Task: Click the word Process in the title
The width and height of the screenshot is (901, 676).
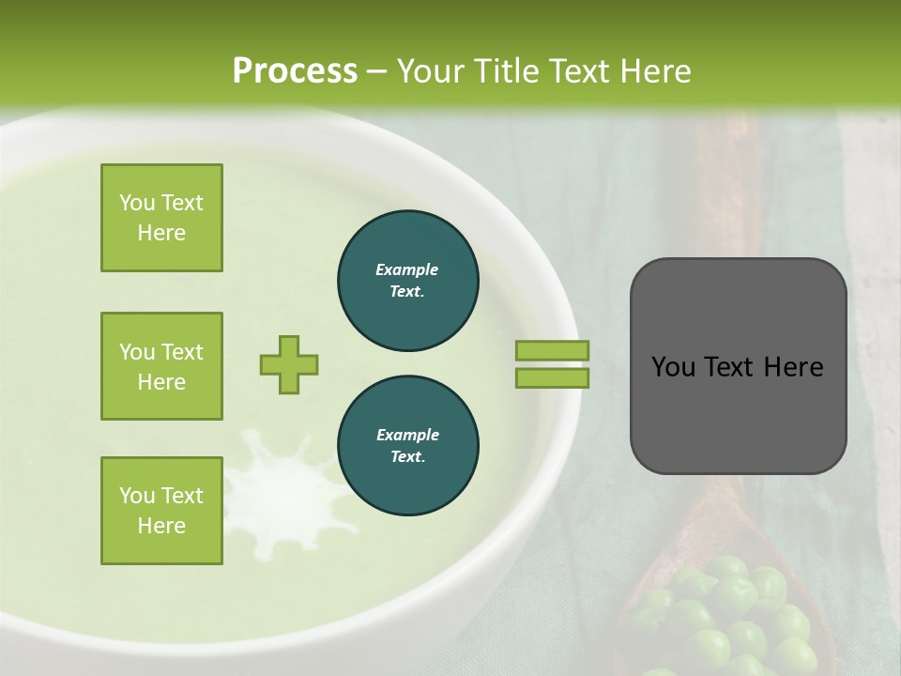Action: click(295, 71)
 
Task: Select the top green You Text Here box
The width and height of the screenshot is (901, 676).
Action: click(161, 218)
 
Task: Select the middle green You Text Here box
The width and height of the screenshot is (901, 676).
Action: click(161, 366)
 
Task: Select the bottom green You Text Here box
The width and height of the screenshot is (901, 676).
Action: click(161, 511)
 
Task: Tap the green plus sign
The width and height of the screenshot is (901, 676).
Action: click(289, 364)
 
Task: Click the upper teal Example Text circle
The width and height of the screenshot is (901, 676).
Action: click(408, 280)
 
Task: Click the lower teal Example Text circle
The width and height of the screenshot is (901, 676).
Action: click(408, 445)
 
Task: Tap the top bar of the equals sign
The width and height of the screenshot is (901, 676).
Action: click(552, 350)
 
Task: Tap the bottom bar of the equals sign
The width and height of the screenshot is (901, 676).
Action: click(552, 377)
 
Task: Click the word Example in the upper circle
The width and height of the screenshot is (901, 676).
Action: click(407, 269)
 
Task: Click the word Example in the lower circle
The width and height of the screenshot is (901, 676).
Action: click(407, 435)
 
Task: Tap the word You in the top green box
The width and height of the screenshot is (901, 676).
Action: click(137, 203)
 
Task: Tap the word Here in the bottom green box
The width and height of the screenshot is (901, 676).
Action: click(161, 526)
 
